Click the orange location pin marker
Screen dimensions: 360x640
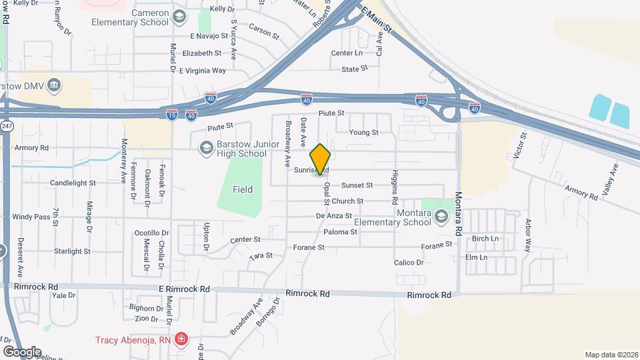pos(321,159)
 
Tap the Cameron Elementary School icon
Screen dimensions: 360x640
pos(178,17)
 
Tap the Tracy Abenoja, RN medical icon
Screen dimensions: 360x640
pos(181,340)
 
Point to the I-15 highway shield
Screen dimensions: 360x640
pos(172,115)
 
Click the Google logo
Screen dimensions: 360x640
pos(21,352)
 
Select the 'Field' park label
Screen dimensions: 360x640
pos(243,189)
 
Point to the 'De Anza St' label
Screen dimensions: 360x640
pos(333,216)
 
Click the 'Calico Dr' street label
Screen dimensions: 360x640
pos(409,263)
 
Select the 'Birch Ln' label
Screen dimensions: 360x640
pos(485,239)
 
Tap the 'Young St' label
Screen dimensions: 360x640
pos(364,132)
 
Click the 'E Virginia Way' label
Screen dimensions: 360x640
pos(199,70)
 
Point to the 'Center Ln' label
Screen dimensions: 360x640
pos(347,53)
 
